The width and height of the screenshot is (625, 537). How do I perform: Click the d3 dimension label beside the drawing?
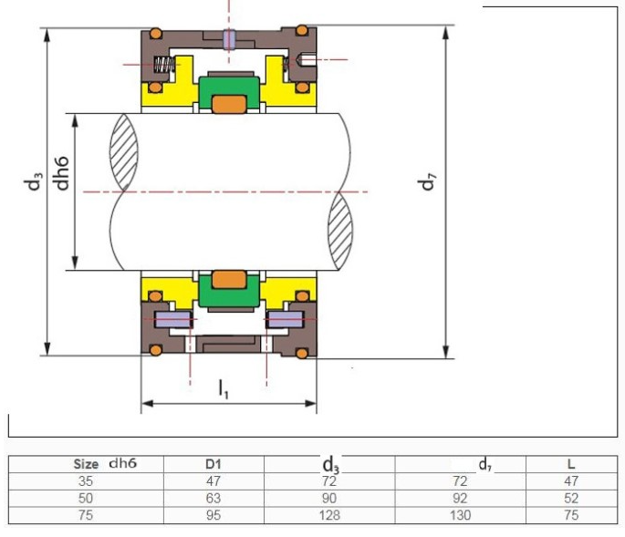click(x=33, y=181)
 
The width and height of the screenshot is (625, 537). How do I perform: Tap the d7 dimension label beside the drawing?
click(x=426, y=181)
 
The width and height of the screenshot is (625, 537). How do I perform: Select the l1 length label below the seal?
click(x=224, y=389)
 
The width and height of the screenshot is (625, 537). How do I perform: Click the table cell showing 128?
click(x=329, y=515)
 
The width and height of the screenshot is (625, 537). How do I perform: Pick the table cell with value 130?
click(x=460, y=515)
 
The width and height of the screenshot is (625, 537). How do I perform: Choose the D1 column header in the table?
click(x=214, y=464)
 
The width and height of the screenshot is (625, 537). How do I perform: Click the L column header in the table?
click(x=571, y=464)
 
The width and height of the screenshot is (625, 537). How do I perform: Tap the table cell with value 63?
click(x=214, y=499)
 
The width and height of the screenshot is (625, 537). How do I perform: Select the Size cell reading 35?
click(x=86, y=481)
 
